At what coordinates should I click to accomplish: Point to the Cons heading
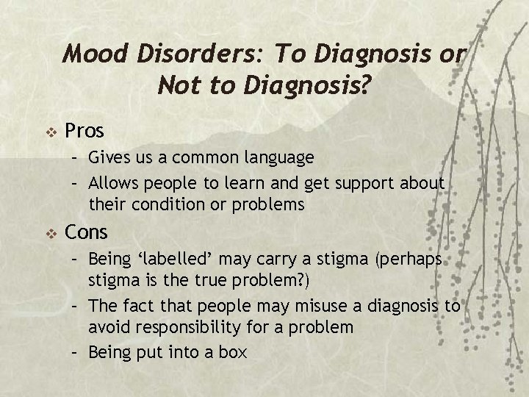tap(87, 232)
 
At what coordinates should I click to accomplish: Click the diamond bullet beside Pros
tap(51, 132)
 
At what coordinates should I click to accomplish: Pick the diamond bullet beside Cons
tap(51, 233)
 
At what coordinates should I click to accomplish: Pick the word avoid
tap(109, 327)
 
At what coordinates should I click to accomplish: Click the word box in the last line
tap(233, 352)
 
